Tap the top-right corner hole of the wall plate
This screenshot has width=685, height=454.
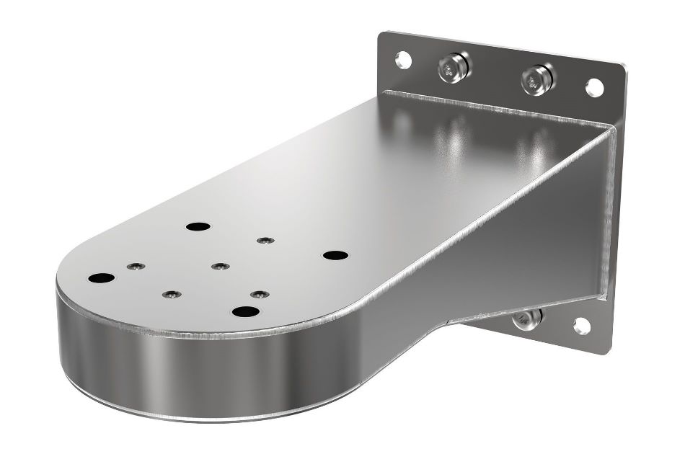click(x=594, y=87)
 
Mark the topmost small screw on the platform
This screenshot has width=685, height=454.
click(x=265, y=240)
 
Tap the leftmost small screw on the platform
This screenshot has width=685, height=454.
click(x=134, y=267)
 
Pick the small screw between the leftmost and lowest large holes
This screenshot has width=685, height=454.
click(x=170, y=294)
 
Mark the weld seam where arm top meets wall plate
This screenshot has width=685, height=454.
click(x=498, y=108)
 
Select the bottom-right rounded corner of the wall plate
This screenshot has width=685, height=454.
click(x=604, y=347)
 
